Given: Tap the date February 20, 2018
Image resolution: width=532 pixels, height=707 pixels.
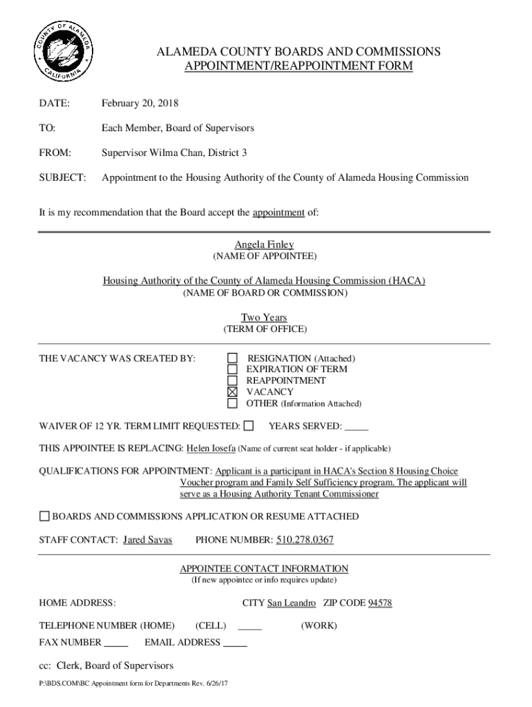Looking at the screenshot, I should (x=140, y=104).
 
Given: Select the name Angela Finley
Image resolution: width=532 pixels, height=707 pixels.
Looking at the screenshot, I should (x=264, y=244).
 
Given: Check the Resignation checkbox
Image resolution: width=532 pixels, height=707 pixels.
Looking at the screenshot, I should (x=233, y=358).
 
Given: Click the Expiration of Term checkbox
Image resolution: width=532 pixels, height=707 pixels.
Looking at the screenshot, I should (x=233, y=369).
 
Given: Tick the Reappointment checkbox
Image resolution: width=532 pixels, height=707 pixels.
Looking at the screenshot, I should (x=233, y=380).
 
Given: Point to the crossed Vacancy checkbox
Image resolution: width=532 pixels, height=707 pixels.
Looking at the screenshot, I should (x=233, y=392).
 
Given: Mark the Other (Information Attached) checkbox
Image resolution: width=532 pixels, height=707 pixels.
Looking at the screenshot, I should (x=233, y=403).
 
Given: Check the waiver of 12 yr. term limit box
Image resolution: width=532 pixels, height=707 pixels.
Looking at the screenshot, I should (x=249, y=425).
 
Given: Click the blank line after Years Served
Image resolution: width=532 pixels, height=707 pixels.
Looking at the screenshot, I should (x=356, y=427).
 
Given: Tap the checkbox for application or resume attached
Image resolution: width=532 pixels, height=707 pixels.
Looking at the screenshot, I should (x=44, y=516).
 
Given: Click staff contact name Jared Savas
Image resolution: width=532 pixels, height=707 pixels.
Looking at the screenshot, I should (x=147, y=539).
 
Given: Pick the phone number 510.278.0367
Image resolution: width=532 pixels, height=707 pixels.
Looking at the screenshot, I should (x=305, y=539).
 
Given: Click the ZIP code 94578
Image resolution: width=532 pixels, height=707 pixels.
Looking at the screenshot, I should (x=380, y=603).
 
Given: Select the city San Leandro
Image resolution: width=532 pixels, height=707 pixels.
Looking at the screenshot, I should (x=292, y=603).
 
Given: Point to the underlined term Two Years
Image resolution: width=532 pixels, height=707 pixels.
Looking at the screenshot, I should (x=264, y=318).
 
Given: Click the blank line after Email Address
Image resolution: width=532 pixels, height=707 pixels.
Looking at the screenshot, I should (x=236, y=644).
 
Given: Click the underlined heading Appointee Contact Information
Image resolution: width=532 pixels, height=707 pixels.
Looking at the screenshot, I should (x=264, y=569).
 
